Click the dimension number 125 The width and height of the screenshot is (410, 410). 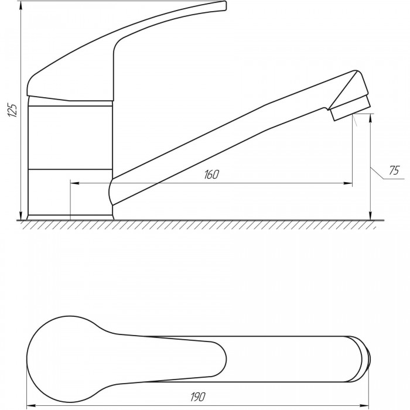pyautogui.click(x=12, y=110)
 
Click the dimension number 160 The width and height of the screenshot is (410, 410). pyautogui.click(x=211, y=175)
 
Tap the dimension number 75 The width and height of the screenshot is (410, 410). pyautogui.click(x=394, y=170)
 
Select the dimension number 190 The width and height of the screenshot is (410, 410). pyautogui.click(x=198, y=397)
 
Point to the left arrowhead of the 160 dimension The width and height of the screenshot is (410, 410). pyautogui.click(x=75, y=183)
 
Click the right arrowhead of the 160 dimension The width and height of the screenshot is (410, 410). pyautogui.click(x=348, y=183)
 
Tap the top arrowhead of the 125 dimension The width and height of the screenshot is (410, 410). pyautogui.click(x=20, y=5)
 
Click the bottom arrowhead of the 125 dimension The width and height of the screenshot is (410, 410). pyautogui.click(x=20, y=216)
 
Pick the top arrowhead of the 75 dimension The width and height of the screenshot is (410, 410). pyautogui.click(x=370, y=118)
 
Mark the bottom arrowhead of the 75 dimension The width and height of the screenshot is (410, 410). pyautogui.click(x=370, y=216)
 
